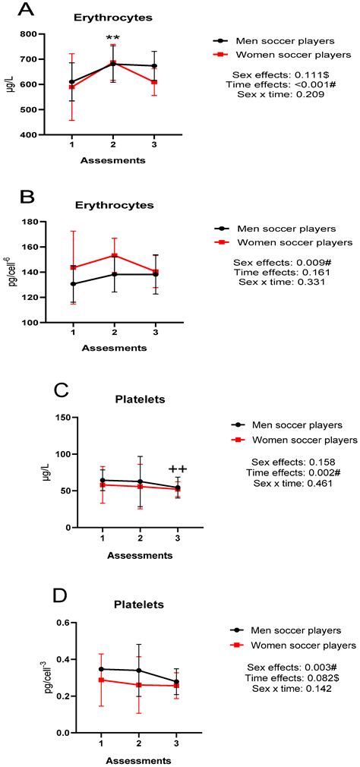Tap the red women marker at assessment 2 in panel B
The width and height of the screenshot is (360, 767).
click(x=113, y=255)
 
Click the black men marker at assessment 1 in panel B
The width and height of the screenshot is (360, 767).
click(x=72, y=284)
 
